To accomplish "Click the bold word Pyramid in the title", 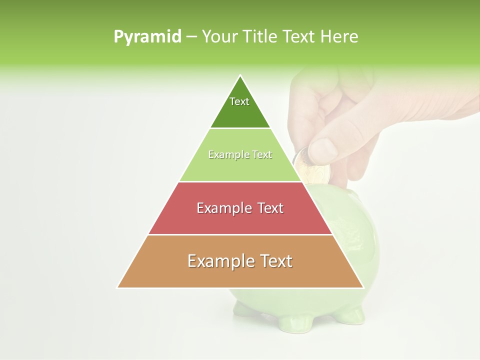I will pyautogui.click(x=147, y=37).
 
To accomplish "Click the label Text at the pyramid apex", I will pyautogui.click(x=239, y=101).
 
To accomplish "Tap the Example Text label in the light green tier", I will pyautogui.click(x=240, y=155).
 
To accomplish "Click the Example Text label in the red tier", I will pyautogui.click(x=240, y=208).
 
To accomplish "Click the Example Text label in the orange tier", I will pyautogui.click(x=240, y=261).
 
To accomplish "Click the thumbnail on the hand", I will pyautogui.click(x=322, y=149).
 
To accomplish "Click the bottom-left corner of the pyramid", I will pyautogui.click(x=117, y=287).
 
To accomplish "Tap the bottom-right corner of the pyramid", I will pyautogui.click(x=363, y=287).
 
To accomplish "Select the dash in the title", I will pyautogui.click(x=191, y=37).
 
